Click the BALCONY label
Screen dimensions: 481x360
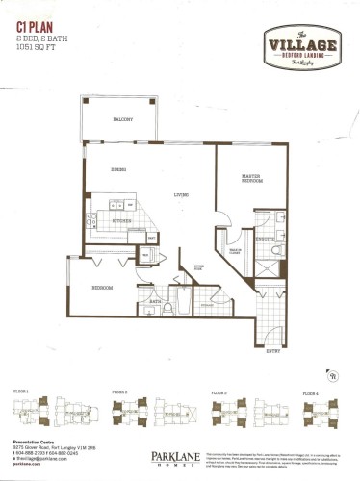tap(119, 117)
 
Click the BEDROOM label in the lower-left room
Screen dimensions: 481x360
tap(104, 287)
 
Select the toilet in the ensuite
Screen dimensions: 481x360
tap(275, 253)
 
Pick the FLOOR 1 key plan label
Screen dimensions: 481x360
tap(21, 392)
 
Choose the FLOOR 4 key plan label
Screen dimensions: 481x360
tap(310, 393)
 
